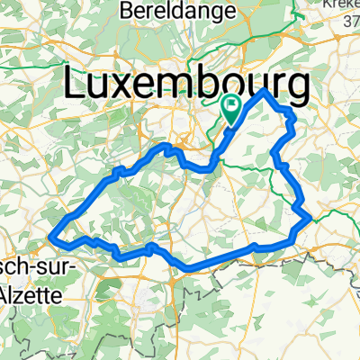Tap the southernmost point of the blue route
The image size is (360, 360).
[x=187, y=269]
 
